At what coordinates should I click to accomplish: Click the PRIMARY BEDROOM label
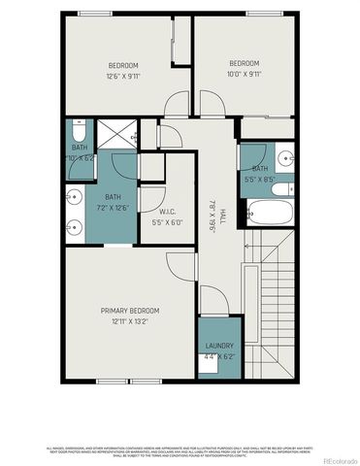(x=130, y=310)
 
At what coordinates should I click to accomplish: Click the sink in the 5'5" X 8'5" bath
(x=282, y=156)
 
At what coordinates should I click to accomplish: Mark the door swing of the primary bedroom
(x=180, y=265)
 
